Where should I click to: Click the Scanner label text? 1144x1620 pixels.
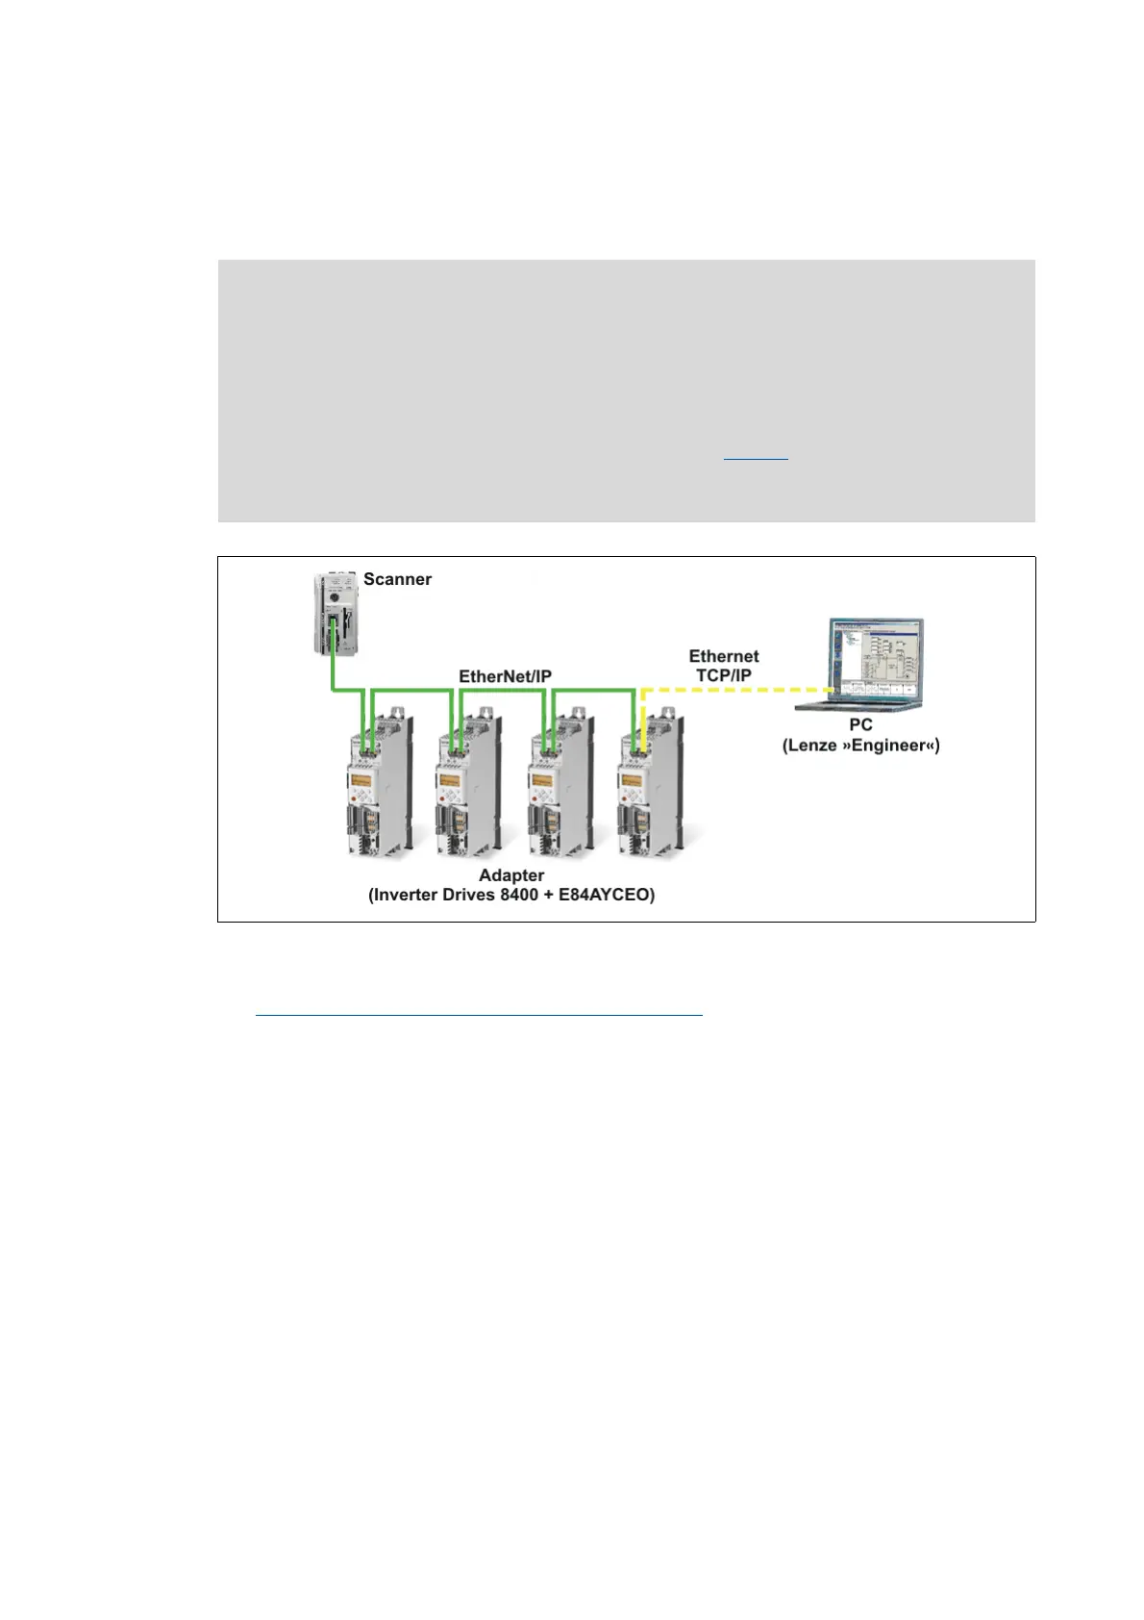[x=397, y=579]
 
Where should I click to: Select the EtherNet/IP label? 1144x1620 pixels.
[x=505, y=676]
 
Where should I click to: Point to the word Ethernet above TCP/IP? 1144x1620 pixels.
[x=723, y=656]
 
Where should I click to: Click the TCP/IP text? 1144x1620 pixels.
[x=723, y=675]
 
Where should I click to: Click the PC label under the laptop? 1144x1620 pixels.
[x=860, y=724]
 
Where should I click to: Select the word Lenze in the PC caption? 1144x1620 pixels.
[x=813, y=745]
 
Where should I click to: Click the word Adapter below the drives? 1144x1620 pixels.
[x=511, y=874]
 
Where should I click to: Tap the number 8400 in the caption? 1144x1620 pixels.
[x=519, y=895]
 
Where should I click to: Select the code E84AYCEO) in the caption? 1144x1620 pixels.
[x=607, y=895]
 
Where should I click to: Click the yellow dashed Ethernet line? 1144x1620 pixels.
[x=731, y=690]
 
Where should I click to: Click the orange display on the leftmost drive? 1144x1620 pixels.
[x=361, y=780]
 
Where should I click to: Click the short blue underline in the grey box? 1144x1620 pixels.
[x=756, y=459]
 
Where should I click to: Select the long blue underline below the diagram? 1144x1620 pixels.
[x=479, y=1014]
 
